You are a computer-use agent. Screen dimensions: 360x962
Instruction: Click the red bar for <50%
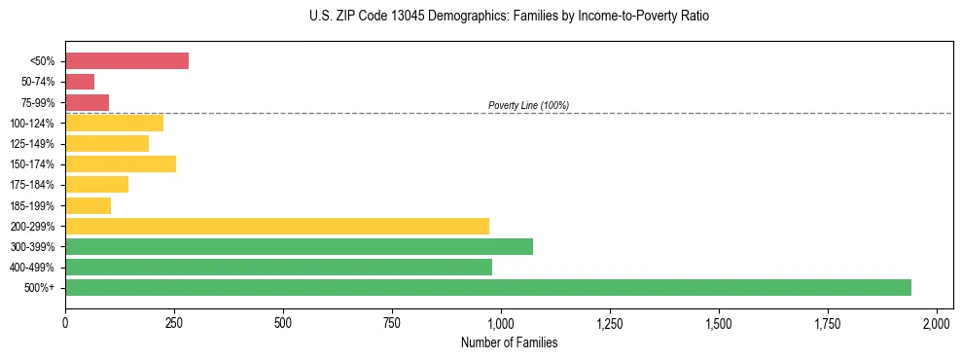pyautogui.click(x=126, y=61)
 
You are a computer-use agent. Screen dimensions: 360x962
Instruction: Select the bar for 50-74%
pyautogui.click(x=80, y=82)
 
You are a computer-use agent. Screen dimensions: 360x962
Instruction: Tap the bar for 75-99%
pyautogui.click(x=87, y=102)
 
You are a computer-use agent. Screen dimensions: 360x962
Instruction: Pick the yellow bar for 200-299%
pyautogui.click(x=277, y=226)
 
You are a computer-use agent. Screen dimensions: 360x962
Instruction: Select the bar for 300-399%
pyautogui.click(x=299, y=246)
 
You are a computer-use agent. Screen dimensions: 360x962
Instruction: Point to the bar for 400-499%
pyautogui.click(x=278, y=267)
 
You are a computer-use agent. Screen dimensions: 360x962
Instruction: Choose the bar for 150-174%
pyautogui.click(x=121, y=163)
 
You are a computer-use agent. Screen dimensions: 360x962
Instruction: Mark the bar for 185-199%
pyautogui.click(x=88, y=205)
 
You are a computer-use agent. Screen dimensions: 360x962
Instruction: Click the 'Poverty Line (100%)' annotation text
pyautogui.click(x=528, y=105)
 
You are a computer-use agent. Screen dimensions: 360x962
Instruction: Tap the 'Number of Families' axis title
pyautogui.click(x=509, y=342)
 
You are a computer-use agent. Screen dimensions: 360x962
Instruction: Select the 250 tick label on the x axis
pyautogui.click(x=174, y=322)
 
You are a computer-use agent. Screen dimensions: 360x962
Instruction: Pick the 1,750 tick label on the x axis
pyautogui.click(x=719, y=322)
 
